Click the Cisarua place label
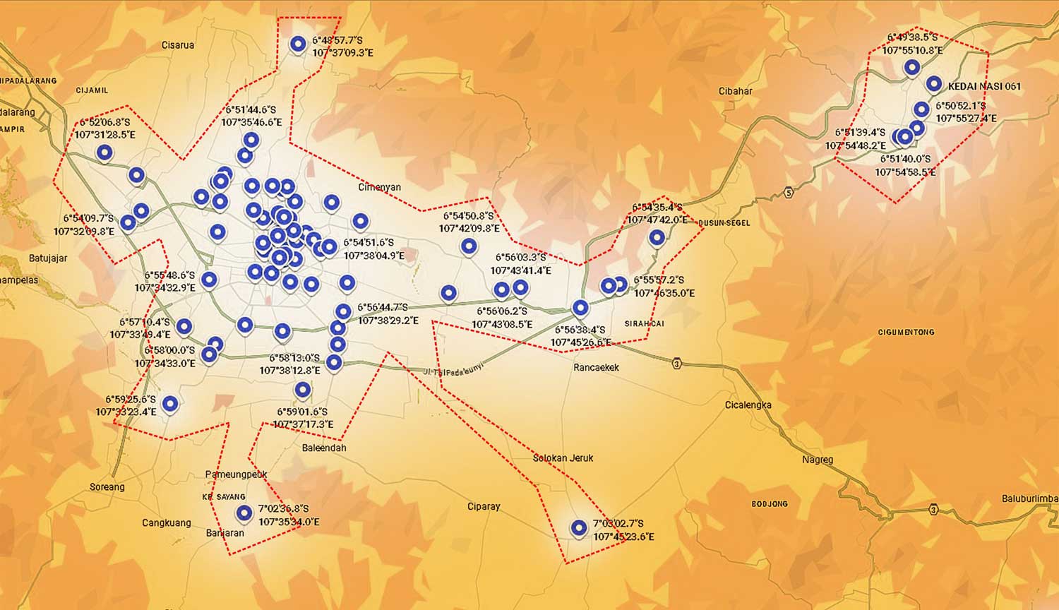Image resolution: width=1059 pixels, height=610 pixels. click(x=177, y=45)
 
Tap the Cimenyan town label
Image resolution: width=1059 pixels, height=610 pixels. click(x=379, y=187)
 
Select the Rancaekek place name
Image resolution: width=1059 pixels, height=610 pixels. click(x=596, y=367)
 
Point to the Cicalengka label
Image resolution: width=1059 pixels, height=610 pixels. click(x=748, y=405)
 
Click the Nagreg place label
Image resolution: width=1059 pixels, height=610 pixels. click(x=817, y=460)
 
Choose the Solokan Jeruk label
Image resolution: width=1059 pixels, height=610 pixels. click(x=563, y=457)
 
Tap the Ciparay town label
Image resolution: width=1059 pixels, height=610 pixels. click(x=484, y=506)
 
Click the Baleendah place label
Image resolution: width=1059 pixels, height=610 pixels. click(x=324, y=448)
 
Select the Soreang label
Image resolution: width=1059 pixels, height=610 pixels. click(x=107, y=486)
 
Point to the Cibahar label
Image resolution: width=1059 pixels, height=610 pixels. click(x=735, y=91)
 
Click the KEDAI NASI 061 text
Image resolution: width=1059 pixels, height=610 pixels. click(x=984, y=86)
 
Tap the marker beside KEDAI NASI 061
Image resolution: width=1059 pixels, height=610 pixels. click(x=933, y=83)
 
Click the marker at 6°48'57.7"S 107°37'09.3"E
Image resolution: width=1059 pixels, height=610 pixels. click(x=298, y=44)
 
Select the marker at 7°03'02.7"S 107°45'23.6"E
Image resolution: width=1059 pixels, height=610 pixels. click(x=579, y=528)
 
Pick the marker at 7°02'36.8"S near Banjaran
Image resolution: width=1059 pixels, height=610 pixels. click(x=244, y=513)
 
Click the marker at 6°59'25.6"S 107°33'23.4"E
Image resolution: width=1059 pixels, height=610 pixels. click(x=170, y=403)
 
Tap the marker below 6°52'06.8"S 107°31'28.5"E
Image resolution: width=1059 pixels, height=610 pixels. click(x=104, y=152)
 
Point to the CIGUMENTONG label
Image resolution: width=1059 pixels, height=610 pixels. click(x=906, y=332)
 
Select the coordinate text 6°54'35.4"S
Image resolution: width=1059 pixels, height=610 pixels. click(x=657, y=208)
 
